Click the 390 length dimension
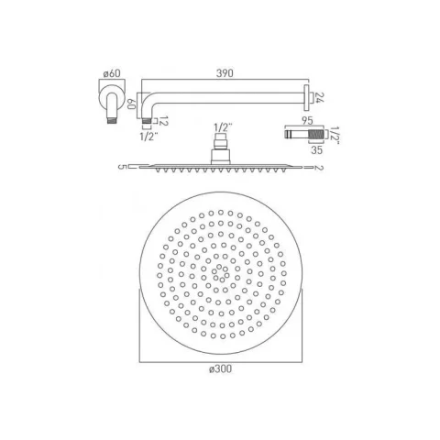click(x=219, y=70)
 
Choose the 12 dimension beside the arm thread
click(x=137, y=120)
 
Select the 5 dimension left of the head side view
click(x=120, y=167)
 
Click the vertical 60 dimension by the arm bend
click(x=130, y=104)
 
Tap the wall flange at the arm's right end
click(x=305, y=96)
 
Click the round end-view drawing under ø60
click(x=108, y=98)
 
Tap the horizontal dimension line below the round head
click(x=219, y=357)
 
